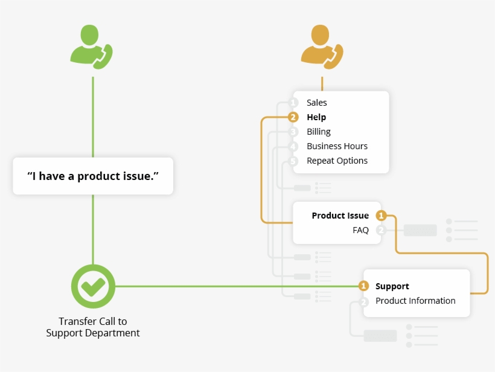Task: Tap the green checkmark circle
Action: (x=93, y=286)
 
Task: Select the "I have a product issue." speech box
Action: (x=93, y=176)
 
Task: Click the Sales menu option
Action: (x=316, y=103)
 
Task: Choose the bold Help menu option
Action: (x=316, y=117)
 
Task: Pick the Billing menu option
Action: (x=318, y=132)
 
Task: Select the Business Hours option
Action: (x=337, y=146)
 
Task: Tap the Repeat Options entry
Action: (x=337, y=161)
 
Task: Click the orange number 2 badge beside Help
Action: (x=293, y=117)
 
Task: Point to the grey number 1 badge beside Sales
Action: (x=293, y=103)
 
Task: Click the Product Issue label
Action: (x=340, y=216)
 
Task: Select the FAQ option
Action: (x=360, y=230)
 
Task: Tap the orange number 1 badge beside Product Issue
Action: (x=381, y=216)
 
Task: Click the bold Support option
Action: (x=392, y=286)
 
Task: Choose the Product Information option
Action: (x=415, y=301)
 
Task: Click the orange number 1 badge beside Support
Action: (x=363, y=286)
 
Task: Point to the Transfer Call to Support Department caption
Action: (x=93, y=327)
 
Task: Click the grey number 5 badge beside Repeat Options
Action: (x=293, y=161)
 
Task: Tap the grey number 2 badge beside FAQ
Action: (x=381, y=230)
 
